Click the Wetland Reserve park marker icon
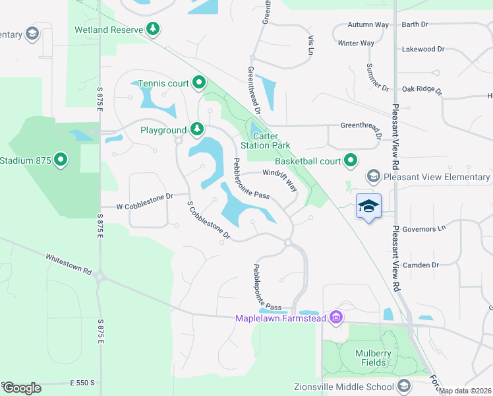pyautogui.click(x=153, y=28)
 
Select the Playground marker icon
pyautogui.click(x=196, y=129)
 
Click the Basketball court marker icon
pyautogui.click(x=351, y=160)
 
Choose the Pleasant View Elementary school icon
pyautogui.click(x=374, y=176)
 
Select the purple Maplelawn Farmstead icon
pyautogui.click(x=337, y=318)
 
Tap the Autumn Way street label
pyautogui.click(x=368, y=25)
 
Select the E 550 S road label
pyautogui.click(x=82, y=382)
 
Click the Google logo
pyautogui.click(x=22, y=387)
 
